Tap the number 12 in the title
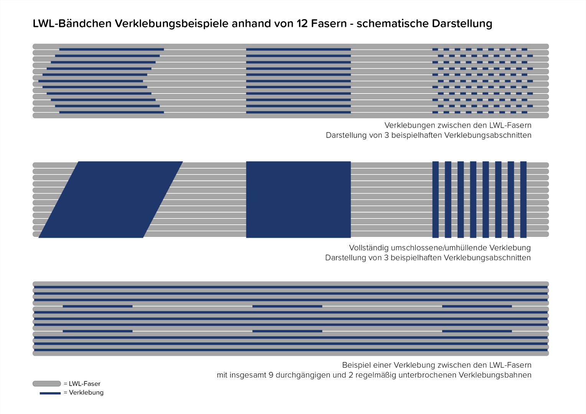coord(302,23)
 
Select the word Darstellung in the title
coord(462,23)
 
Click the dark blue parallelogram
coord(110,200)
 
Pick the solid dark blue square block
coord(298,200)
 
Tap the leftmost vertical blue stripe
coord(436,200)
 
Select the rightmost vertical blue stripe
coord(523,200)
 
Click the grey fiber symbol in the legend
coord(46,384)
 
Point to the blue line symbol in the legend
coord(50,393)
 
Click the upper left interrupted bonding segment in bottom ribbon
coord(97,306)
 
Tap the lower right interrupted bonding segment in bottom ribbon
coord(477,331)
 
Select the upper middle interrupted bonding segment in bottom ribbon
coord(287,306)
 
